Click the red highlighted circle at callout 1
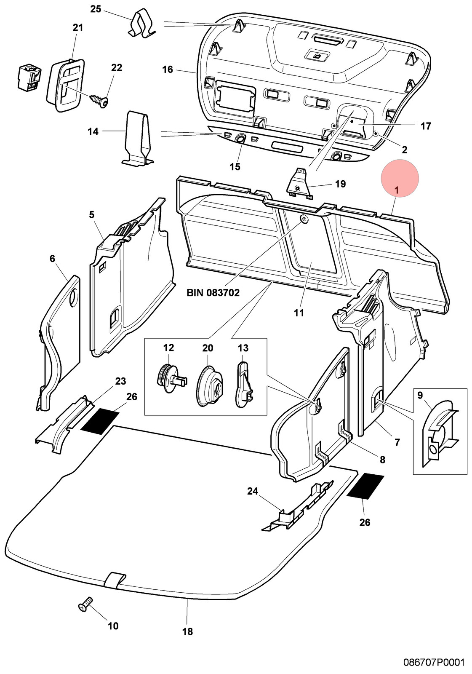400,178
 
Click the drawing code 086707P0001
434,662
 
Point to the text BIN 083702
213,292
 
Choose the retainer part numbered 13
244,385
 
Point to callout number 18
187,631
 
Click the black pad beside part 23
99,422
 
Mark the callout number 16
168,70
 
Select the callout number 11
299,313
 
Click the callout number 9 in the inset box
420,395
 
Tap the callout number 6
52,259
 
